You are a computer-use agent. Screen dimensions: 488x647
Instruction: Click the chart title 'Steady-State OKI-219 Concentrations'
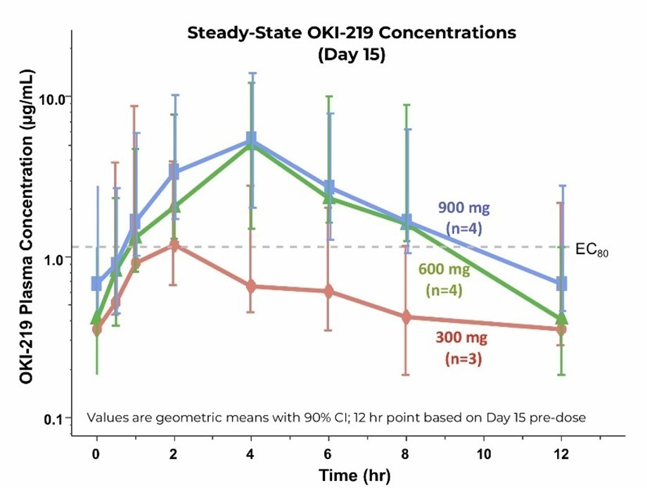pyautogui.click(x=351, y=32)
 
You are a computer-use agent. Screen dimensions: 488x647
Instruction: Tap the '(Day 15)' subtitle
pyautogui.click(x=351, y=56)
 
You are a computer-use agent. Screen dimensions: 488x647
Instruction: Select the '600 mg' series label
pyautogui.click(x=444, y=269)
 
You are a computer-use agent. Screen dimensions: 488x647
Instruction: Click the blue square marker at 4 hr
pyautogui.click(x=251, y=139)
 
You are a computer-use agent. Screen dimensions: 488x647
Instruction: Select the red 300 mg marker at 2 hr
pyautogui.click(x=174, y=245)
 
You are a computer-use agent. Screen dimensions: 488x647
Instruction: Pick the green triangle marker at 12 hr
pyautogui.click(x=561, y=318)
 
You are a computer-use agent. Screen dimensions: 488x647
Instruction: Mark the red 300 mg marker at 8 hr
pyautogui.click(x=406, y=318)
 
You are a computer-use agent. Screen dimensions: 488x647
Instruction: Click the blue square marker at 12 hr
pyautogui.click(x=561, y=284)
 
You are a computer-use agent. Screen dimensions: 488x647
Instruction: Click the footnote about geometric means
pyautogui.click(x=336, y=417)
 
